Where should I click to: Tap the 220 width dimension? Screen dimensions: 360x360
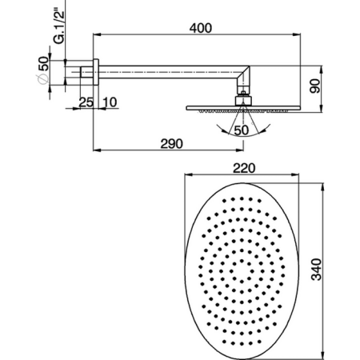(x=243, y=168)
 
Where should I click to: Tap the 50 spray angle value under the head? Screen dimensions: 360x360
(x=241, y=129)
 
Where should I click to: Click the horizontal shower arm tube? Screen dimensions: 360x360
(x=168, y=74)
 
